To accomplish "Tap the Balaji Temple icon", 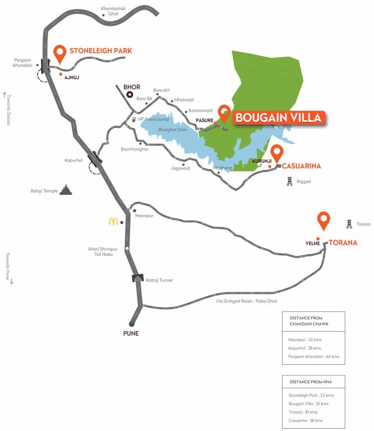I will [x=67, y=190].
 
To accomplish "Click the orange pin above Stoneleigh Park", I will [x=60, y=54].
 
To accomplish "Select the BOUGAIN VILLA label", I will [x=278, y=118].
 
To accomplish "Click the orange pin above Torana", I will [x=324, y=221].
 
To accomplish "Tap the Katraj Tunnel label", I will [x=159, y=279].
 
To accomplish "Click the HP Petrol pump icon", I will [x=132, y=119].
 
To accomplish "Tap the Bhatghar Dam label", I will [x=170, y=130].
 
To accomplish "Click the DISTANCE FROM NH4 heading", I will [x=310, y=382].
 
